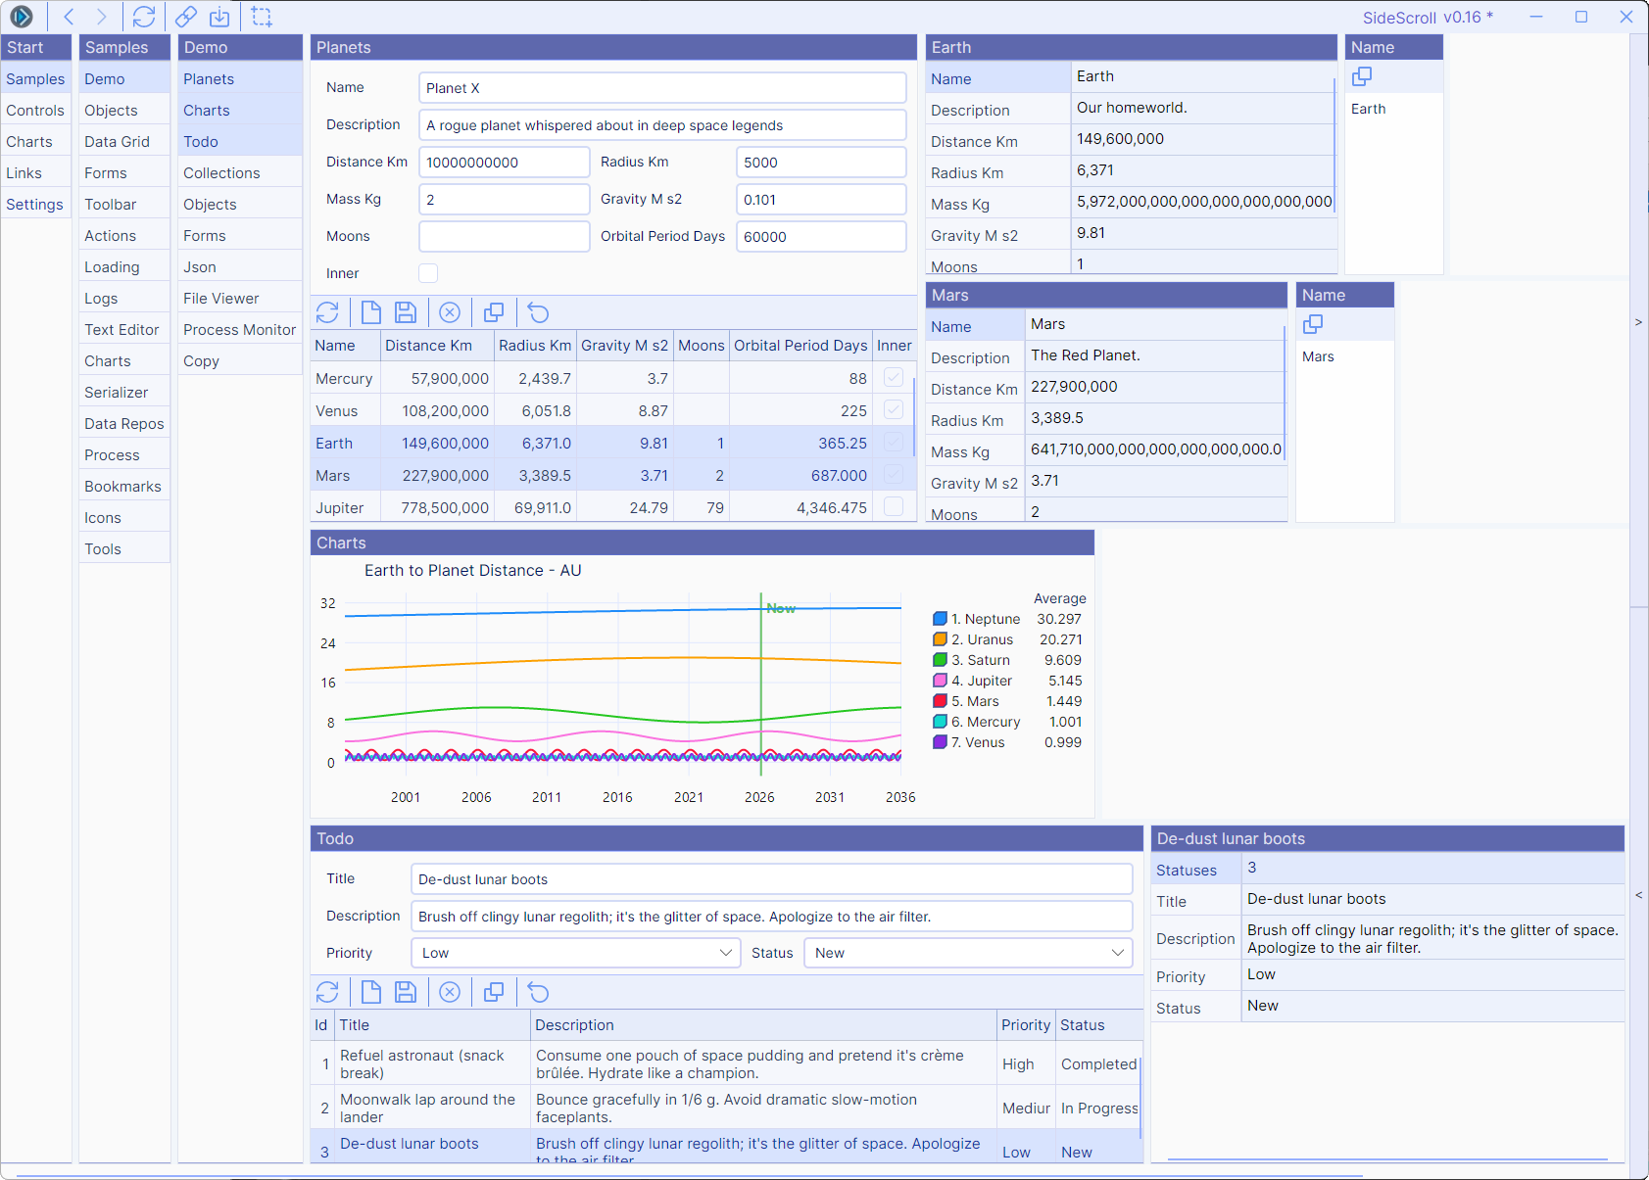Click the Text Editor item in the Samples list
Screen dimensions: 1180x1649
pyautogui.click(x=121, y=330)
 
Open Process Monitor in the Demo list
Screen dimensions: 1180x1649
pyautogui.click(x=239, y=330)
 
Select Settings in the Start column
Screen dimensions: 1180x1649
pyautogui.click(x=34, y=205)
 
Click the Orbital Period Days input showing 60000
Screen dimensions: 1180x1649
pyautogui.click(x=820, y=237)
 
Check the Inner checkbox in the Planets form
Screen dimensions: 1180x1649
pyautogui.click(x=428, y=273)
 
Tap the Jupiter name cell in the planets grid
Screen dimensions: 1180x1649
pyautogui.click(x=340, y=508)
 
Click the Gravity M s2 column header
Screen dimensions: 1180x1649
pyautogui.click(x=624, y=346)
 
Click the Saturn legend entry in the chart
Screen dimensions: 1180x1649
pyautogui.click(x=980, y=660)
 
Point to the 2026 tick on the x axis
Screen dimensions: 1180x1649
pyautogui.click(x=759, y=797)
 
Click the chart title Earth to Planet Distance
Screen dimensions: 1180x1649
pyautogui.click(x=473, y=571)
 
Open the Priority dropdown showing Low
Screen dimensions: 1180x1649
pyautogui.click(x=575, y=953)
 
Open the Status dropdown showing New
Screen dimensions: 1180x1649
pyautogui.click(x=967, y=953)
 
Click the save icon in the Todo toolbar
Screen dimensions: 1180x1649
pyautogui.click(x=406, y=992)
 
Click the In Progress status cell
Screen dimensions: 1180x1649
pyautogui.click(x=1099, y=1109)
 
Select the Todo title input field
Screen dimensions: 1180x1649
pyautogui.click(x=771, y=879)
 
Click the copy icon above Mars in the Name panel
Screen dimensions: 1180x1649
pyautogui.click(x=1313, y=324)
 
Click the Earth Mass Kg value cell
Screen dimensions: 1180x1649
pyautogui.click(x=1203, y=202)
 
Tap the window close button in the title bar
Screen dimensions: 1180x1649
pyautogui.click(x=1625, y=17)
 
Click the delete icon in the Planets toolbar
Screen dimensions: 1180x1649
pyautogui.click(x=450, y=312)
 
